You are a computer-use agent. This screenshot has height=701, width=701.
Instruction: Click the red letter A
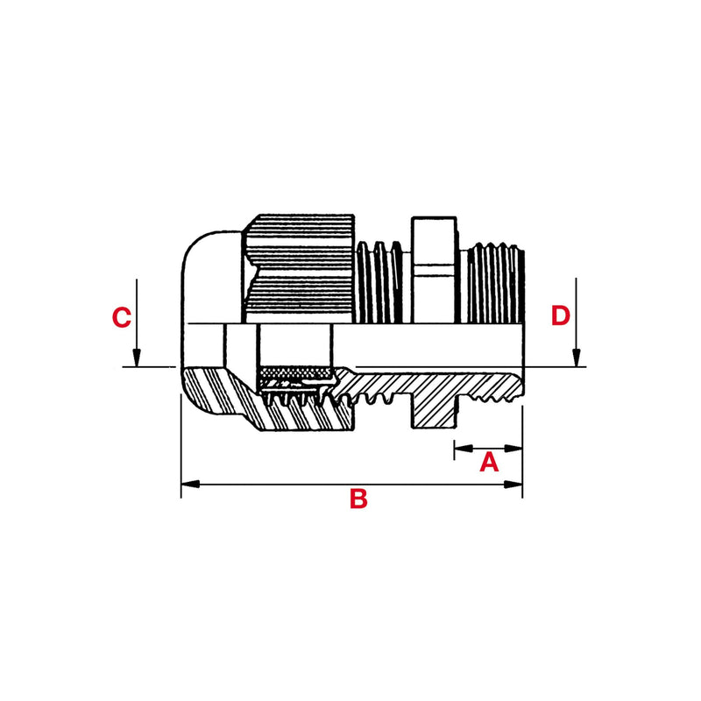(x=489, y=462)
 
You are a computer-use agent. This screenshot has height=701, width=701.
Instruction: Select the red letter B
(x=358, y=499)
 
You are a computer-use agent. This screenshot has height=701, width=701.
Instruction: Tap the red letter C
(x=121, y=317)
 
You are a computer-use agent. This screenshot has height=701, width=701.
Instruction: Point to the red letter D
(x=561, y=315)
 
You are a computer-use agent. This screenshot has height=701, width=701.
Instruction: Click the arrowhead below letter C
(x=137, y=358)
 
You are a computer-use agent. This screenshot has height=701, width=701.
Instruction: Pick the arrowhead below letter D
(x=577, y=358)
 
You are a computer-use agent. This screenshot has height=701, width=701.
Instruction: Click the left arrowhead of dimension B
(x=190, y=485)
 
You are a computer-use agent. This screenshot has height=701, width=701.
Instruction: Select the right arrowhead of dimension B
(x=513, y=485)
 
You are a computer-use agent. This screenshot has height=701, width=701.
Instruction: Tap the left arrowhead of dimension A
(x=464, y=448)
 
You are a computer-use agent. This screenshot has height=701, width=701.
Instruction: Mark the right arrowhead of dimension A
(x=513, y=448)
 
